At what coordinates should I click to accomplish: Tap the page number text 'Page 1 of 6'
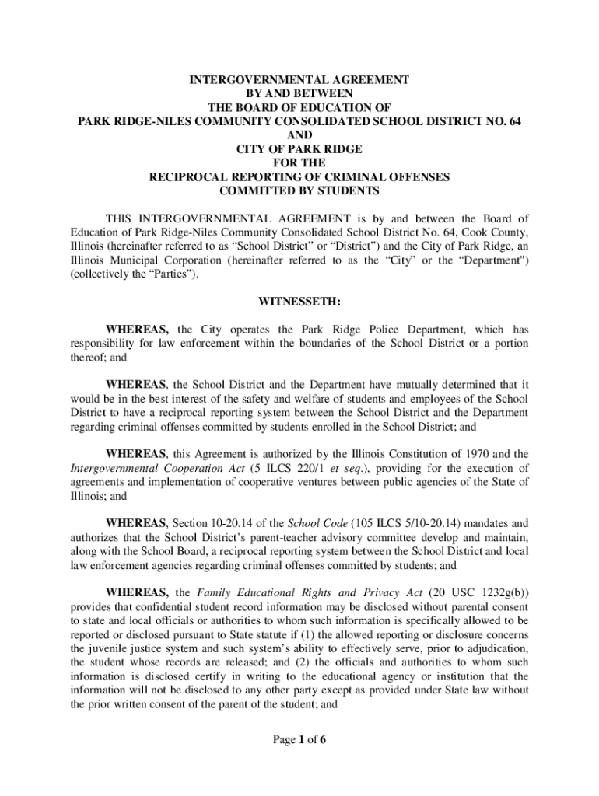coord(299,739)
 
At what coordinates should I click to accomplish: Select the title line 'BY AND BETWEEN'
coord(299,93)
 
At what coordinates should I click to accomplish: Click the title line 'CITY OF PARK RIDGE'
coord(299,148)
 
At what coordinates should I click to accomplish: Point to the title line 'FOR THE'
coord(299,162)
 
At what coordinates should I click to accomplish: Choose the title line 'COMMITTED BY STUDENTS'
coord(299,190)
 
